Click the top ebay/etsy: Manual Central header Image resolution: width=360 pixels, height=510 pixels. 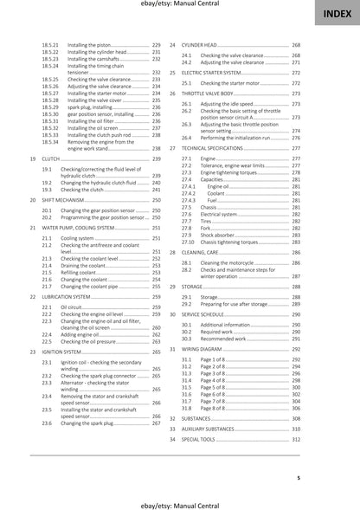click(179, 6)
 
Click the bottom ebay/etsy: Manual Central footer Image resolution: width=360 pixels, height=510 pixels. click(179, 502)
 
